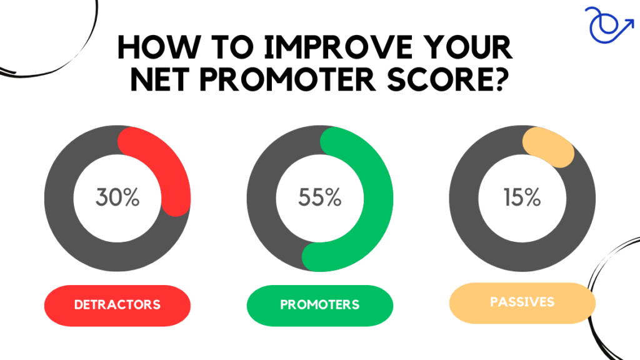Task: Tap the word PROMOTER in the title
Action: pyautogui.click(x=287, y=79)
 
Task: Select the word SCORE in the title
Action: pyautogui.click(x=448, y=79)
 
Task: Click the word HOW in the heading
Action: pyautogui.click(x=158, y=47)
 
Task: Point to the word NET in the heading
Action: pyautogui.click(x=160, y=79)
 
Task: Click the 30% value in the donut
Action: pyautogui.click(x=117, y=197)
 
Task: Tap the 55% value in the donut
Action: pyautogui.click(x=320, y=197)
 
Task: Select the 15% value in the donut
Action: pyautogui.click(x=522, y=197)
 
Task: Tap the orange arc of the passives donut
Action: pyautogui.click(x=549, y=147)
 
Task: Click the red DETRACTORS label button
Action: pyautogui.click(x=117, y=305)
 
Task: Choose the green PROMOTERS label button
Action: pyautogui.click(x=320, y=305)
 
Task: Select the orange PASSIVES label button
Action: pyautogui.click(x=522, y=303)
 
